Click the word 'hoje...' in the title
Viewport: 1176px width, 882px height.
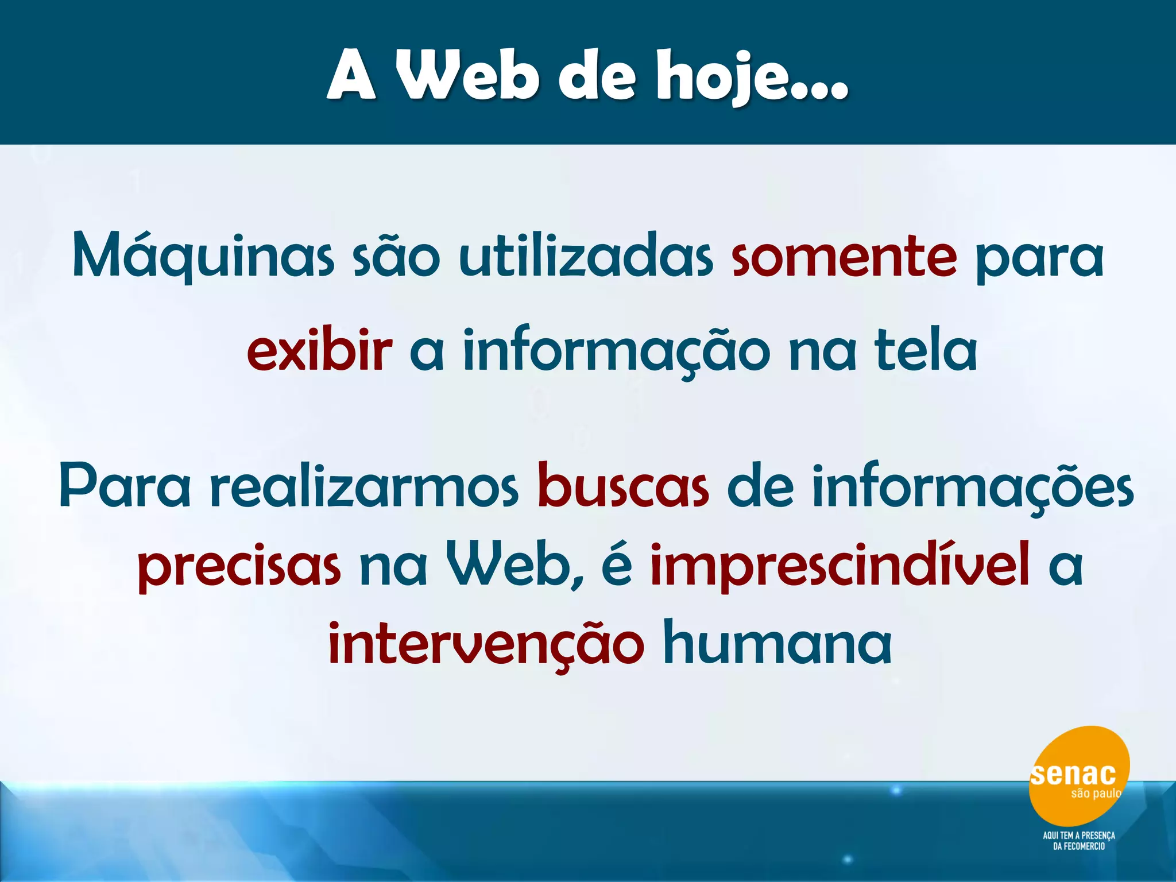coord(752,78)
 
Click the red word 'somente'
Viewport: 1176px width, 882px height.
coord(844,257)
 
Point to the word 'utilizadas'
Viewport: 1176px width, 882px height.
coord(586,257)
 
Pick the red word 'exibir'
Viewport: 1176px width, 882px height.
coord(319,351)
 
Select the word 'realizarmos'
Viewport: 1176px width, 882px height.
coord(364,488)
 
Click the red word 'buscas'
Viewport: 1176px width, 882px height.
coord(623,488)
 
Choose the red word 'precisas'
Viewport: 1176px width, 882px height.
coord(239,568)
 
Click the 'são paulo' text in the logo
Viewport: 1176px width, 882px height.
coord(1096,794)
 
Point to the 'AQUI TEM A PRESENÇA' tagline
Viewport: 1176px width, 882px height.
coord(1079,835)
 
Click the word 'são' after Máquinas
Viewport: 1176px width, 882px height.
coord(396,257)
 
